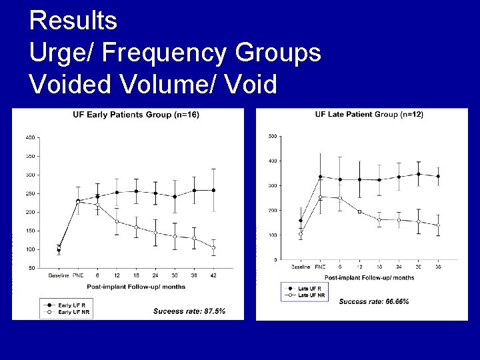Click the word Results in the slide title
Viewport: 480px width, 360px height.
[74, 21]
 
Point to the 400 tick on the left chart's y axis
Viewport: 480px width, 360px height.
[30, 137]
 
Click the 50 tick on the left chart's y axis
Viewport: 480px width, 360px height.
[31, 268]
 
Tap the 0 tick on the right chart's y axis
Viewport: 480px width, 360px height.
[275, 260]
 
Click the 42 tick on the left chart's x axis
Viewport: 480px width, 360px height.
[213, 275]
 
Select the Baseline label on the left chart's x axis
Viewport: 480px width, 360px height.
[58, 275]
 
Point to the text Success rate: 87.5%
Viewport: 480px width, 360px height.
[189, 311]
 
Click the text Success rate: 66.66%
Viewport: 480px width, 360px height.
[374, 302]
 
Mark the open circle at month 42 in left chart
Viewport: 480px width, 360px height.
[213, 247]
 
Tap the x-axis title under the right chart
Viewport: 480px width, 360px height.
[370, 277]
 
